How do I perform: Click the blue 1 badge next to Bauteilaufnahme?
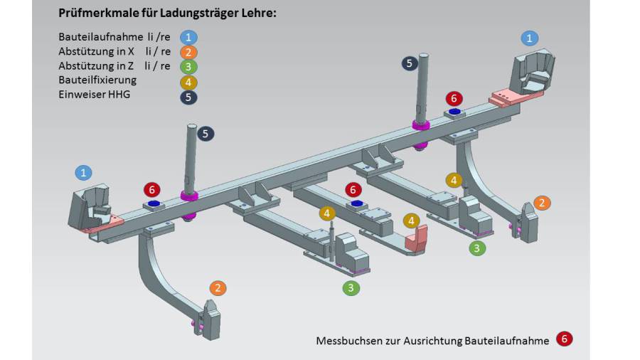(x=188, y=38)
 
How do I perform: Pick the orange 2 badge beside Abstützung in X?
(x=188, y=52)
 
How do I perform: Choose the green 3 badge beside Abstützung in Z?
(x=188, y=67)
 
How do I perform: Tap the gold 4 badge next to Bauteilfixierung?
(x=188, y=82)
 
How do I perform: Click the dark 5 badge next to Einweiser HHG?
(x=188, y=97)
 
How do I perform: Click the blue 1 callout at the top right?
(x=530, y=38)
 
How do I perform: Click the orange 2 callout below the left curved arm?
(x=218, y=288)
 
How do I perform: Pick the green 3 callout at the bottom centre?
(x=351, y=288)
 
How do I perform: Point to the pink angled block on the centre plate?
(x=415, y=238)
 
